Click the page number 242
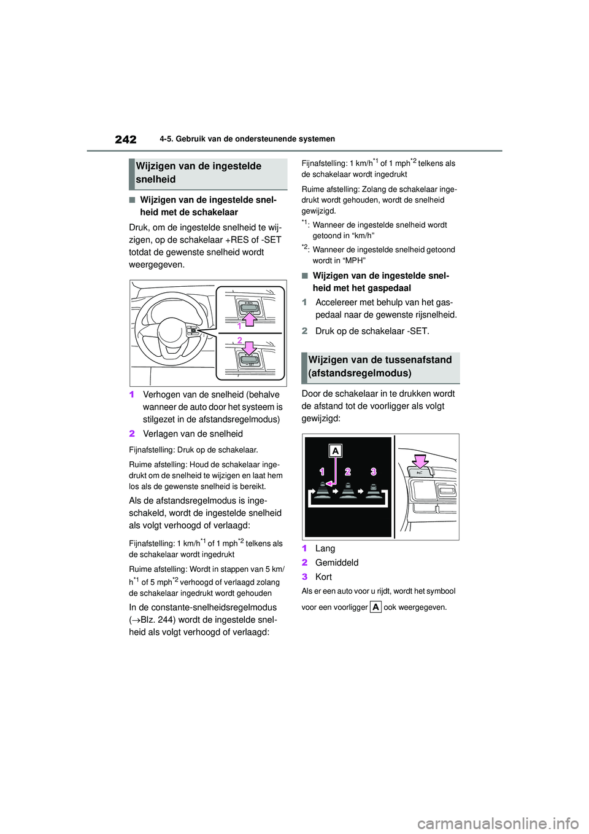pos(126,139)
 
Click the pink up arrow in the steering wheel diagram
pos(249,319)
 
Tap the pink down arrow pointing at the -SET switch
pos(249,348)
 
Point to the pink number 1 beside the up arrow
pos(239,325)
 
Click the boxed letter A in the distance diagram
pos(336,451)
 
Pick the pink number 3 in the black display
pos(373,472)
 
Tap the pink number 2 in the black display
pos(348,472)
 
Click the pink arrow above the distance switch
pos(420,461)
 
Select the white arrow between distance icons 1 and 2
pos(335,491)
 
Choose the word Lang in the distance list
pos(325,548)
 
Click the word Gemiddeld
pos(337,563)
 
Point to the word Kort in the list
pos(323,577)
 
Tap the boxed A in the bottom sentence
pos(375,607)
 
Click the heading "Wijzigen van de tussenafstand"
pos(380,360)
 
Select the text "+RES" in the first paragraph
pos(236,240)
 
